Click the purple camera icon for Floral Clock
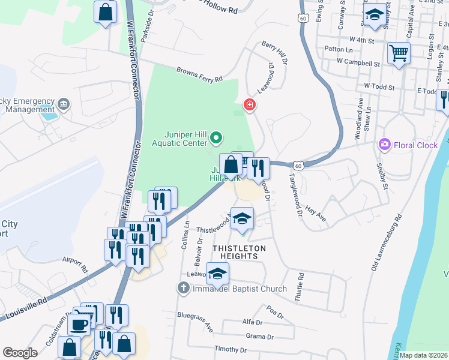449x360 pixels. (x=384, y=145)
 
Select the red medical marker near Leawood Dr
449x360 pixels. (x=249, y=106)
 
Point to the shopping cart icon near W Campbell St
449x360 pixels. (x=398, y=53)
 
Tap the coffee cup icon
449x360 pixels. (x=78, y=325)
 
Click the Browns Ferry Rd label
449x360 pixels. (x=199, y=74)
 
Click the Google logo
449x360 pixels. (x=20, y=353)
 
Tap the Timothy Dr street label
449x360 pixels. (x=231, y=349)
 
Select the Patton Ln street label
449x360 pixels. (x=338, y=49)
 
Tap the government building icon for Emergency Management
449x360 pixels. (x=63, y=106)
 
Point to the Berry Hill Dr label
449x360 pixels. (x=274, y=54)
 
